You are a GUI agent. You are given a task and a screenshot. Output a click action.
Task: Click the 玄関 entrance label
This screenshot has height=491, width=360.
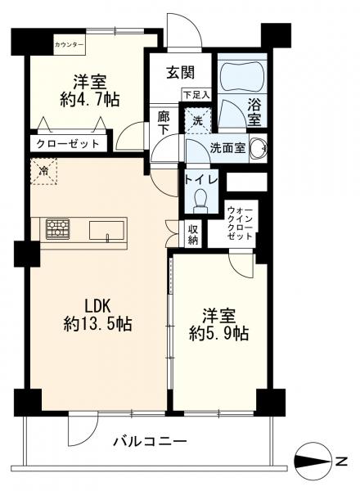coord(181,73)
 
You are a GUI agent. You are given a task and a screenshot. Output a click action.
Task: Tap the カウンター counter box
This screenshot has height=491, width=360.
coord(70,44)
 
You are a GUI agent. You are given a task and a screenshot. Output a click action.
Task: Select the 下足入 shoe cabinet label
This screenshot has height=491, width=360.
coord(196,95)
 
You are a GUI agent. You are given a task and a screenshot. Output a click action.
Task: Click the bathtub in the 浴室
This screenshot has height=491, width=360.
coord(241,74)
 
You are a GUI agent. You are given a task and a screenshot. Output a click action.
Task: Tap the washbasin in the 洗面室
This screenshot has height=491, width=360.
coord(259,147)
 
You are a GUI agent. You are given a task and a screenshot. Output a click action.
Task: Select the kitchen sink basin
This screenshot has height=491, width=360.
coord(106,231)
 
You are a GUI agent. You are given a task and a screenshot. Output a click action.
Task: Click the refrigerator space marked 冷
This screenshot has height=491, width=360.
coord(44,171)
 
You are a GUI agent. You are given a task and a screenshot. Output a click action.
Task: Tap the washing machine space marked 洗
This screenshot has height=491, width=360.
coord(197,121)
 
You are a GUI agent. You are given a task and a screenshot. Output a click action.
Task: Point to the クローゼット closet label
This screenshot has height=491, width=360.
coord(68,144)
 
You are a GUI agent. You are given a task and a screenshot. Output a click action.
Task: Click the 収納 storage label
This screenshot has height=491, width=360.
coord(193,234)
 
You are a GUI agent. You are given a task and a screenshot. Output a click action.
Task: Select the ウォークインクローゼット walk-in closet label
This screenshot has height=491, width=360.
coord(240,223)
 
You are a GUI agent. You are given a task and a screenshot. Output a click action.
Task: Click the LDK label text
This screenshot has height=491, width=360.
coord(97,306)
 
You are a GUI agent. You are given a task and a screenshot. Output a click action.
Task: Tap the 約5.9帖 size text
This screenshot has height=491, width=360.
coord(218,334)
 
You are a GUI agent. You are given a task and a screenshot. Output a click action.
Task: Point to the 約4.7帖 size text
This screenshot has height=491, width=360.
coord(89,100)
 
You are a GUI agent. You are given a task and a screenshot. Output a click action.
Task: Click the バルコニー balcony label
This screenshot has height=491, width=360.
coord(151,442)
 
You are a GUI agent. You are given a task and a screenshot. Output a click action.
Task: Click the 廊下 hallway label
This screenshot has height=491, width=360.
coord(164,123)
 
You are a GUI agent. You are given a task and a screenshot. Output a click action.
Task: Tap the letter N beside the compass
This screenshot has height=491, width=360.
coord(341,461)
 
